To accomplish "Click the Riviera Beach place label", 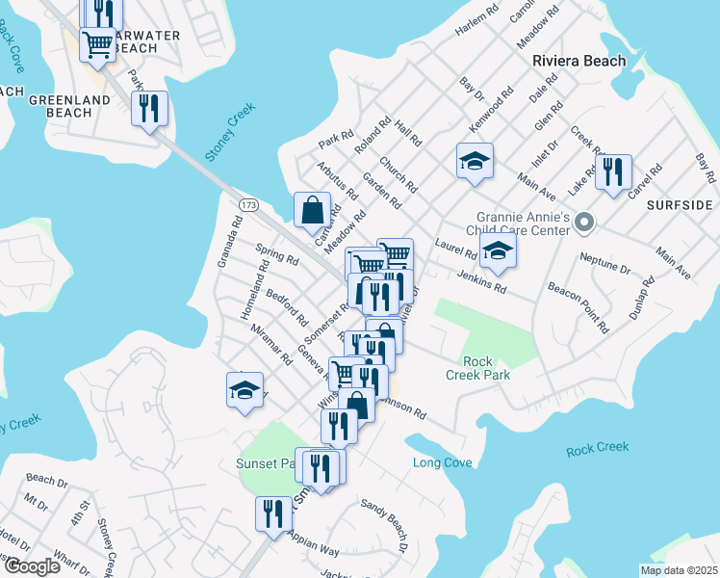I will pyautogui.click(x=579, y=61).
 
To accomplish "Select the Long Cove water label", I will pyautogui.click(x=443, y=463).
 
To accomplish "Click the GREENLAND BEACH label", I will pyautogui.click(x=60, y=106).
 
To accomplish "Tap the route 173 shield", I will pyautogui.click(x=248, y=205).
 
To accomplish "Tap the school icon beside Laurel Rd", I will pyautogui.click(x=498, y=251).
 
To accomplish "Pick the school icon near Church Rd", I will pyautogui.click(x=475, y=161).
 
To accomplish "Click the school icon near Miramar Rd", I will pyautogui.click(x=245, y=390).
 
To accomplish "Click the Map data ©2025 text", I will pyautogui.click(x=679, y=570).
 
